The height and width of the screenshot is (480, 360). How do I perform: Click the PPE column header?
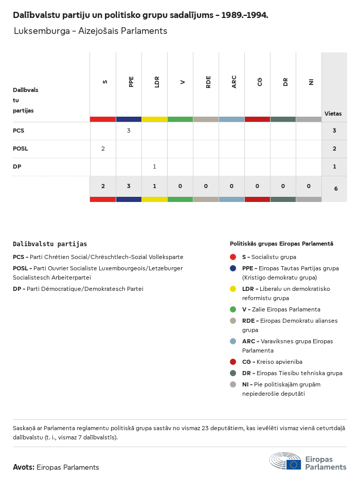(131, 82)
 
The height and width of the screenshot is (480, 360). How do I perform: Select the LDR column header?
(157, 82)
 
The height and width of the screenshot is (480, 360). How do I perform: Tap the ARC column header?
(234, 82)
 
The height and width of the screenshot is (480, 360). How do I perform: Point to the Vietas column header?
(333, 114)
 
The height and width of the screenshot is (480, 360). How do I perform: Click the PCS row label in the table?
(19, 131)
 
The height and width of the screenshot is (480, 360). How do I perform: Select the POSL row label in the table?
(21, 149)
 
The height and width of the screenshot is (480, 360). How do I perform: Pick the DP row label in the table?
(17, 167)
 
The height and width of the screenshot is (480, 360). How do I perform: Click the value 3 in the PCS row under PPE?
(129, 131)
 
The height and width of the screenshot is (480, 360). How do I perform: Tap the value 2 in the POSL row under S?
(103, 149)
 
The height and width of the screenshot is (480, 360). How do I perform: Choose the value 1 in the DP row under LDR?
(154, 167)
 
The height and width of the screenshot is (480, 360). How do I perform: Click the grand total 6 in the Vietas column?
(336, 189)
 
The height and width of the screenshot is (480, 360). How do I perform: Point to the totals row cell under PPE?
(129, 186)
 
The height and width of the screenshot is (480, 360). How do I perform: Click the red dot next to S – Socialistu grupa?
(233, 257)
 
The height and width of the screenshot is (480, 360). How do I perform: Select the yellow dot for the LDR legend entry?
(233, 289)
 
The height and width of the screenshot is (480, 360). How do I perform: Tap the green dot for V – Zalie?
(233, 309)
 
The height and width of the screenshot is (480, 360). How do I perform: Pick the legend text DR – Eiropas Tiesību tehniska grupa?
(292, 373)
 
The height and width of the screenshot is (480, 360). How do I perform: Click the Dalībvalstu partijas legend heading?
(50, 244)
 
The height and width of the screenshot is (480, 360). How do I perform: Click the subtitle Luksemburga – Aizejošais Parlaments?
(91, 31)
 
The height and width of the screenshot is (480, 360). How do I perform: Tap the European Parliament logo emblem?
(285, 461)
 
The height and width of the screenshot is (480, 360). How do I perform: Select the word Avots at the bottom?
(24, 467)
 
